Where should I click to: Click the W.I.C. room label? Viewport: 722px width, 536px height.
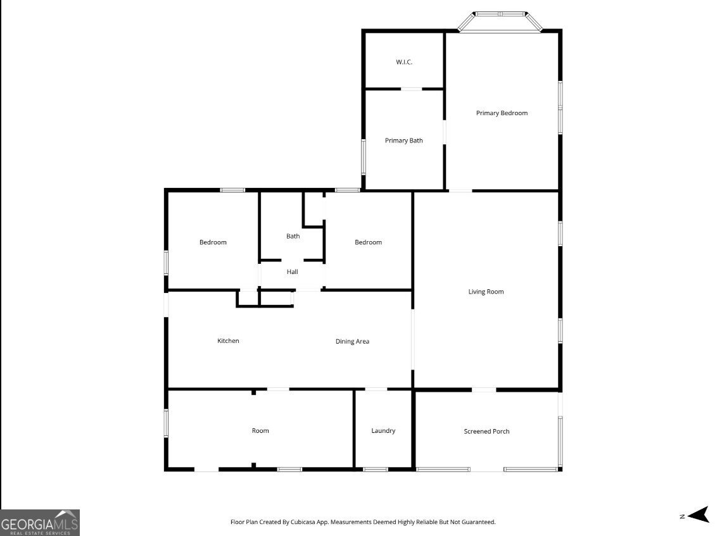click(x=404, y=62)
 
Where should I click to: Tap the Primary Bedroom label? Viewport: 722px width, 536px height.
click(x=502, y=113)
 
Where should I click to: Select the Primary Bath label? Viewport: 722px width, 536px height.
click(x=404, y=140)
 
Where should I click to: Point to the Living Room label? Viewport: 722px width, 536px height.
click(x=486, y=292)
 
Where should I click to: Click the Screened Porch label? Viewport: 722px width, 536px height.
click(x=486, y=432)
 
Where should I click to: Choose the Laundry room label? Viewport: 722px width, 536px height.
click(x=383, y=431)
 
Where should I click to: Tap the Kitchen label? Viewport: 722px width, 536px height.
click(x=228, y=341)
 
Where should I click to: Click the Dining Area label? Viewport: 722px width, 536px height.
click(x=352, y=341)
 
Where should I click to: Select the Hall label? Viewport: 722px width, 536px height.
click(x=293, y=272)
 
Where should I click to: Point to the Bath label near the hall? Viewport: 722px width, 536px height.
click(x=293, y=236)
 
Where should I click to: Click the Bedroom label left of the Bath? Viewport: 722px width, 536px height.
click(x=213, y=242)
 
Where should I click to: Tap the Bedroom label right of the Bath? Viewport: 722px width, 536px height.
click(x=368, y=242)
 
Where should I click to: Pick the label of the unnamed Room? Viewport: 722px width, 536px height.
click(x=260, y=431)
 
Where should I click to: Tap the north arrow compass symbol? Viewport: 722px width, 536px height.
click(x=698, y=515)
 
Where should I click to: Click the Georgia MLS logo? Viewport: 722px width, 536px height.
click(x=40, y=523)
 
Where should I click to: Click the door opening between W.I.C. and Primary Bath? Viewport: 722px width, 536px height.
click(x=411, y=89)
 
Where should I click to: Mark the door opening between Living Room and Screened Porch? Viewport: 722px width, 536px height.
click(x=484, y=390)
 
